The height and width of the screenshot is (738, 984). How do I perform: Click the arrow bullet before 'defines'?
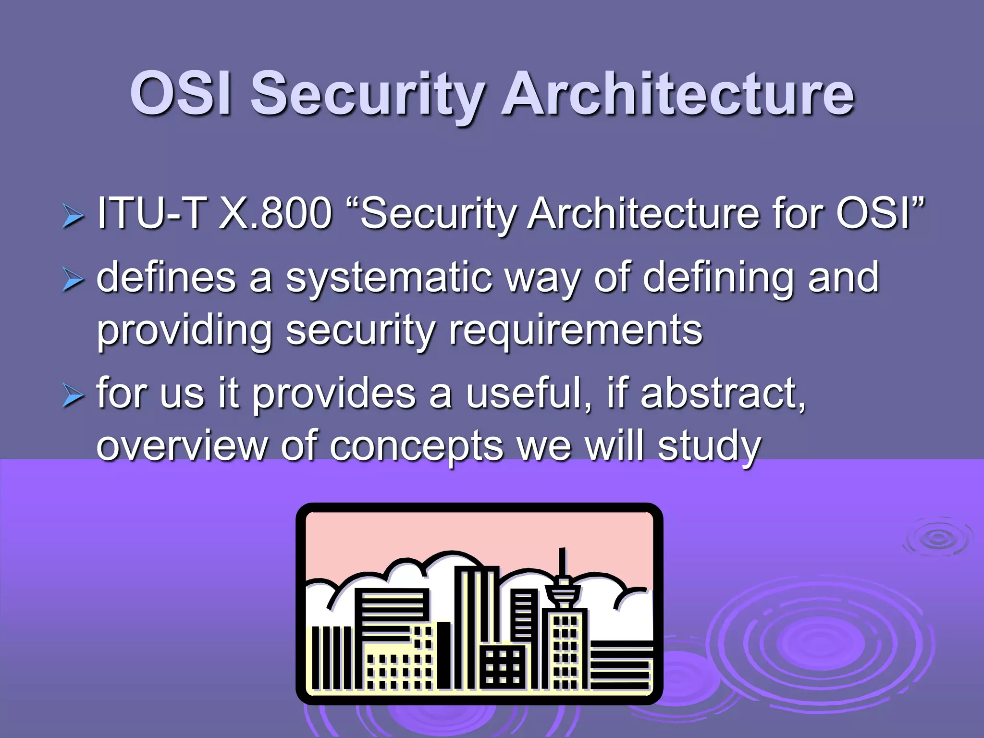point(73,280)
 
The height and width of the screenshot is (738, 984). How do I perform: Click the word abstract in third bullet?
point(721,394)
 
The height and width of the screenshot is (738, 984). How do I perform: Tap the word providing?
point(184,332)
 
